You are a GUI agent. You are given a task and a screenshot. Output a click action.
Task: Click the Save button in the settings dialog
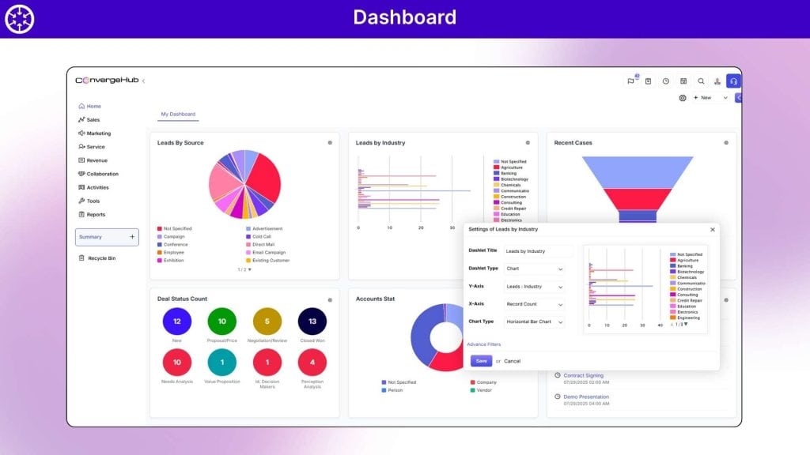(481, 360)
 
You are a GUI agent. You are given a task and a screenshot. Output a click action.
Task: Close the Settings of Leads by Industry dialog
(712, 229)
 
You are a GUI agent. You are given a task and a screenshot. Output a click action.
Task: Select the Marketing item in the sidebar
(98, 133)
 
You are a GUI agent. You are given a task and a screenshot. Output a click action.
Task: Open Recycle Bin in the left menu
(100, 258)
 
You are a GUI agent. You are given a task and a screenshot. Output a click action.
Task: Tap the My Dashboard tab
(178, 115)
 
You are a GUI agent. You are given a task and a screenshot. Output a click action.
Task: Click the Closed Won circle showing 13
(312, 322)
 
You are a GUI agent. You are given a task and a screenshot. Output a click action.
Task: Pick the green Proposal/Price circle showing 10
(222, 322)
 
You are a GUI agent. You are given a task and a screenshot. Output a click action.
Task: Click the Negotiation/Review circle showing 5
(267, 322)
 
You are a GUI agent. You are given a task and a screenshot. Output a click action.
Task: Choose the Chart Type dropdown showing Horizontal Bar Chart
(535, 322)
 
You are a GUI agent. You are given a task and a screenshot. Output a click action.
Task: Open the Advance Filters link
(483, 344)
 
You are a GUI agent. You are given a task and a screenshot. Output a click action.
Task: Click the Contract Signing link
(584, 375)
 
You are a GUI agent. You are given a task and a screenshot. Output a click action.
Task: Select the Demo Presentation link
(586, 397)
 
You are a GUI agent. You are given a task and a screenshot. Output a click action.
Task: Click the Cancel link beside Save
(513, 361)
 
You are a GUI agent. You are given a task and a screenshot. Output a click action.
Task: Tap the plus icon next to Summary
(131, 237)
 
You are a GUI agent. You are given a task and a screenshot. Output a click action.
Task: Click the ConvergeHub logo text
(107, 81)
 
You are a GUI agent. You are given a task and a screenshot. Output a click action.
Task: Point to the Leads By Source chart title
(180, 143)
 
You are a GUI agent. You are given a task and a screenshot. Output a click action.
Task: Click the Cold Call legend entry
(261, 236)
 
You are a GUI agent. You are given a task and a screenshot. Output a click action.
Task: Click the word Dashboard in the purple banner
(404, 17)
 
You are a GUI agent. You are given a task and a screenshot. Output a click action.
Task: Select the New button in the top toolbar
(702, 98)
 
